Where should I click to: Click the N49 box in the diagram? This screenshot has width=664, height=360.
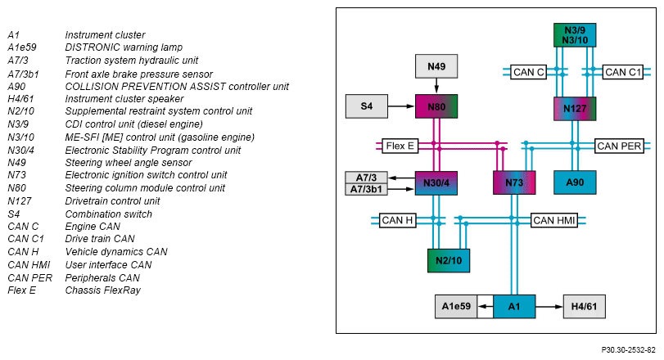[x=436, y=66]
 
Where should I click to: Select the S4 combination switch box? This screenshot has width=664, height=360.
[x=367, y=106]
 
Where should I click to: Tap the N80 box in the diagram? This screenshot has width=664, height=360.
[x=436, y=106]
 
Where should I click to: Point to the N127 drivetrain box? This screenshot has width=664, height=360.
[x=575, y=109]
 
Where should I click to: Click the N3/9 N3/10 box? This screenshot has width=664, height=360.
[x=575, y=35]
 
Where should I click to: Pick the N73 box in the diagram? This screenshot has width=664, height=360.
[x=514, y=182]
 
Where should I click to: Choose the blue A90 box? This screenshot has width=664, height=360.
[x=575, y=182]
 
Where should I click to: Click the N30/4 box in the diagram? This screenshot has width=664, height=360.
[x=436, y=183]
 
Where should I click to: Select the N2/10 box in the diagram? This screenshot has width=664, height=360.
[x=449, y=260]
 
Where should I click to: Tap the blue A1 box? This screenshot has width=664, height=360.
[x=514, y=306]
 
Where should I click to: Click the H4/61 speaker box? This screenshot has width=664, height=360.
[x=584, y=306]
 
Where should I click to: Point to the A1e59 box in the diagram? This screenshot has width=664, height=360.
[x=456, y=306]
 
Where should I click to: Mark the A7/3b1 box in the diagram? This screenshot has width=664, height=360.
[x=366, y=189]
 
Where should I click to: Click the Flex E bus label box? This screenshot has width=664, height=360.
[x=400, y=146]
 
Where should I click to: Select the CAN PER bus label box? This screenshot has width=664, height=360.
[x=619, y=146]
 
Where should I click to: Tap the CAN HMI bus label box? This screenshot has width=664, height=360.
[x=554, y=220]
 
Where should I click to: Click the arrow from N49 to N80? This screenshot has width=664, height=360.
[x=436, y=86]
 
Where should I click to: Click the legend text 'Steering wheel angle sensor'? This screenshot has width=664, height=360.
[x=129, y=163]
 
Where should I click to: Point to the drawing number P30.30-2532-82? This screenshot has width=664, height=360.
[x=628, y=350]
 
